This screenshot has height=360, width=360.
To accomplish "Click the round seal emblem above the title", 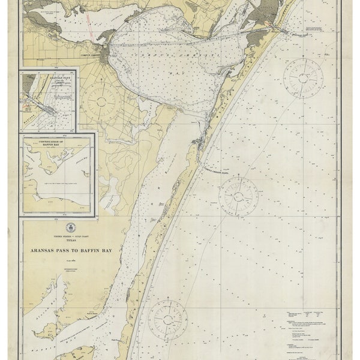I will point(70,227).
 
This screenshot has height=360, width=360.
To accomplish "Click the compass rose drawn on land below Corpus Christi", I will point(100,101).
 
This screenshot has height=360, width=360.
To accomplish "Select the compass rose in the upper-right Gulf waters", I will point(303,78).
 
